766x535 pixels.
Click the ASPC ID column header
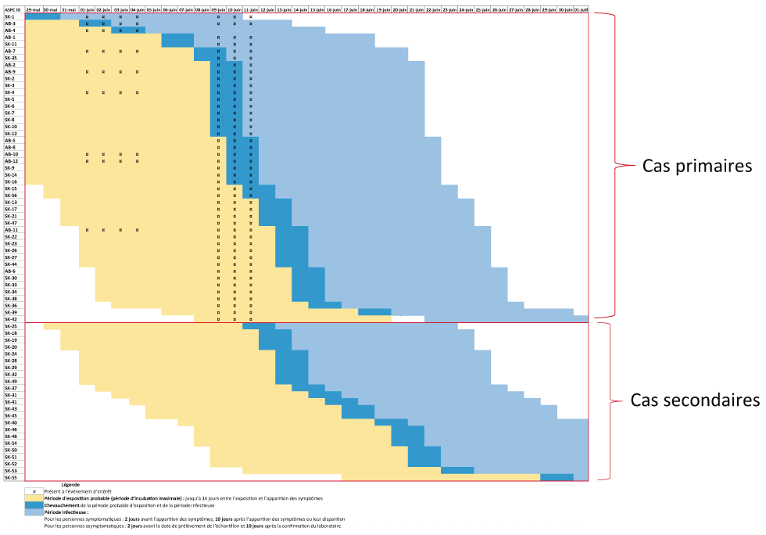(13, 9)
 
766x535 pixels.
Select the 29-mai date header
(34, 9)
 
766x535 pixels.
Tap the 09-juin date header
(218, 9)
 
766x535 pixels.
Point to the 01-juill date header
(582, 9)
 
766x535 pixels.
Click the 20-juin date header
(399, 9)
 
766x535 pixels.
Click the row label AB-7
(10, 51)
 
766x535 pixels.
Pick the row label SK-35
(11, 58)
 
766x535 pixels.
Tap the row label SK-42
(11, 318)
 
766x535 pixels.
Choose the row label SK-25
(11, 326)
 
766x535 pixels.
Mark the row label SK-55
(11, 476)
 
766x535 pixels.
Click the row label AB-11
(12, 230)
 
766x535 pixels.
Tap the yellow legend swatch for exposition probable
(34, 498)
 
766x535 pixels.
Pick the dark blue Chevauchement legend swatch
(34, 505)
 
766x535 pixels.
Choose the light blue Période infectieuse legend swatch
(34, 512)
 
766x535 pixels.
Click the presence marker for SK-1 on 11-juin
(251, 16)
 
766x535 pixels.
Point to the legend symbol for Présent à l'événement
(34, 491)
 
